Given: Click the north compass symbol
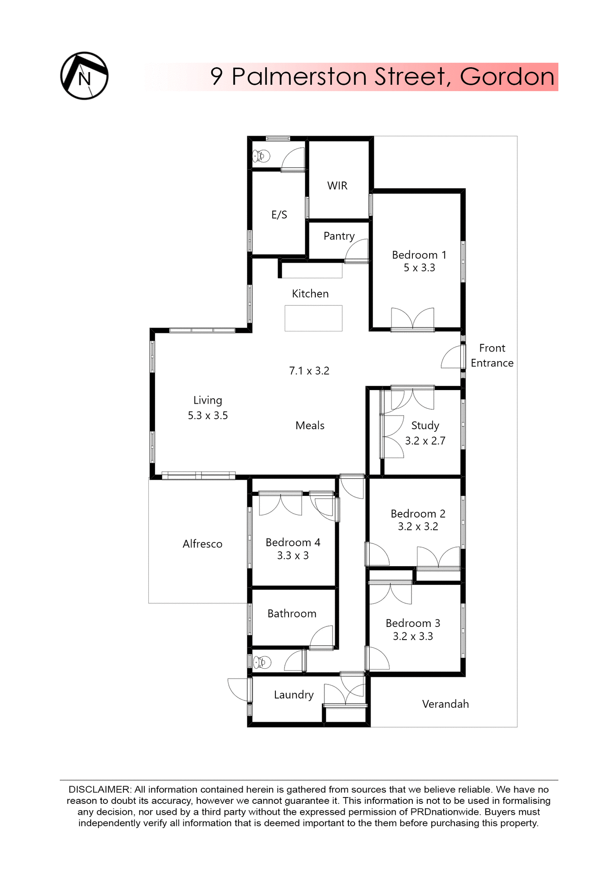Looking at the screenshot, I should pos(84,76).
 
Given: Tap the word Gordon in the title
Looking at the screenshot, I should pos(507,77).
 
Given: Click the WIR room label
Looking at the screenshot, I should pos(337,186).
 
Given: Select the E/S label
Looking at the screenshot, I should pos(279,215).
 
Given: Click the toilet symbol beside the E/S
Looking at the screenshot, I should pos(261,156).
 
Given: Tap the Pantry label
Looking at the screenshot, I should pos(338,236).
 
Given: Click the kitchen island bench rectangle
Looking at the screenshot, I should pos(313,318).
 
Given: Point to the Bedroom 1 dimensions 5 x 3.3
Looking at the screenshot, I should pos(419,268).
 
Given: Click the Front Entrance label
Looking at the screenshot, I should pos(492,355).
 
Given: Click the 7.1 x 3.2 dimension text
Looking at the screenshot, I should pos(309,371).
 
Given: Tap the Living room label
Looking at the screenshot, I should pos(207,400).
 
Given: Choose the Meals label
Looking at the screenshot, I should pos(310,426).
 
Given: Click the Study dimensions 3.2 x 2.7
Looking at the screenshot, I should pos(425,440).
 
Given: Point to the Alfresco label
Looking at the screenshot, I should pos(202,544).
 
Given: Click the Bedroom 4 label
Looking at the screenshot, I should pos(293,542).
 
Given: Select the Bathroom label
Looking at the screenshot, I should pos(292,613).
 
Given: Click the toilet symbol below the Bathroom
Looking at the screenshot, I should pos(262,662).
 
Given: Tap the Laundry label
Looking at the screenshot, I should pos(293,695).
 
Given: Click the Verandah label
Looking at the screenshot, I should pos(445,704).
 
